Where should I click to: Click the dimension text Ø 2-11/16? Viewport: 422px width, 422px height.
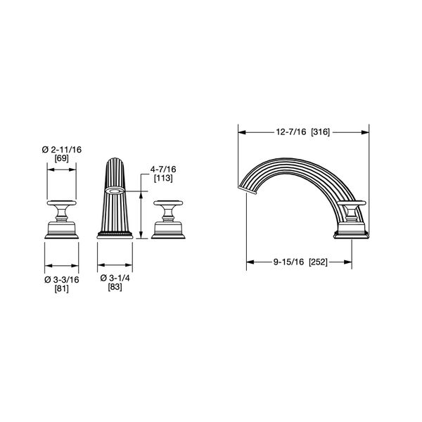pos(62,149)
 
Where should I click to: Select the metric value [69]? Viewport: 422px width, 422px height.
pos(62,159)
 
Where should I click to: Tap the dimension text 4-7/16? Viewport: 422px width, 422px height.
pos(162,169)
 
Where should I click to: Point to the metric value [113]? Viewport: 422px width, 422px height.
pos(162,178)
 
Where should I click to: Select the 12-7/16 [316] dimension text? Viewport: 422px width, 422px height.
pos(304,132)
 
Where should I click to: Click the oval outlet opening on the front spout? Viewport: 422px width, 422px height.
pos(115,190)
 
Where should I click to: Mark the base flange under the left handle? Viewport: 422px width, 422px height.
pos(62,233)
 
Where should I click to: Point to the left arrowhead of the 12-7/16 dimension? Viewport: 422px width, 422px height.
pos(241,132)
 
